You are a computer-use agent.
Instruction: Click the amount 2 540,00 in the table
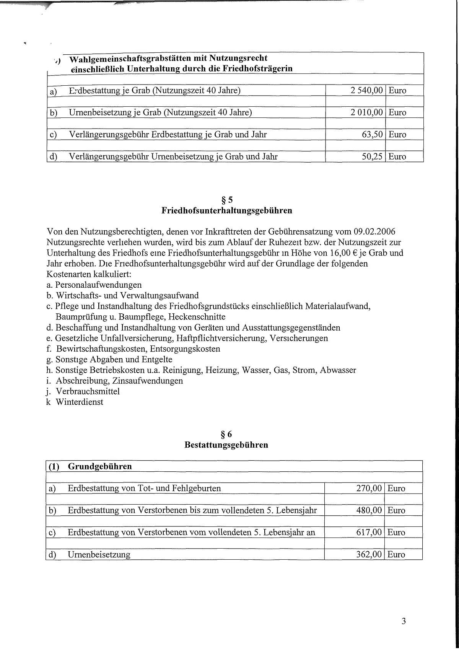[366, 91]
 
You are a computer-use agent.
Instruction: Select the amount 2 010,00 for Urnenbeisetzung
[366, 112]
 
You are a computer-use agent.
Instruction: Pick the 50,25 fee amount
[372, 156]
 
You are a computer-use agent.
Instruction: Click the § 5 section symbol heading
[227, 199]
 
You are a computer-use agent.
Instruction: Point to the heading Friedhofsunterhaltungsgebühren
[227, 210]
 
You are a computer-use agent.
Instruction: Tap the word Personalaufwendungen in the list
[98, 285]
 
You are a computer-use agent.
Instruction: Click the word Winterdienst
[80, 402]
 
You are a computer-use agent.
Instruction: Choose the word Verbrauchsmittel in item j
[88, 391]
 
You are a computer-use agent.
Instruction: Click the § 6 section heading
[227, 434]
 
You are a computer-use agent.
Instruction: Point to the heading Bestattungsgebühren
[226, 445]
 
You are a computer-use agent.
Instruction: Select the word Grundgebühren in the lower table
[100, 466]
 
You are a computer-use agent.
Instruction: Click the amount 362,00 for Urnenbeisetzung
[369, 554]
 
